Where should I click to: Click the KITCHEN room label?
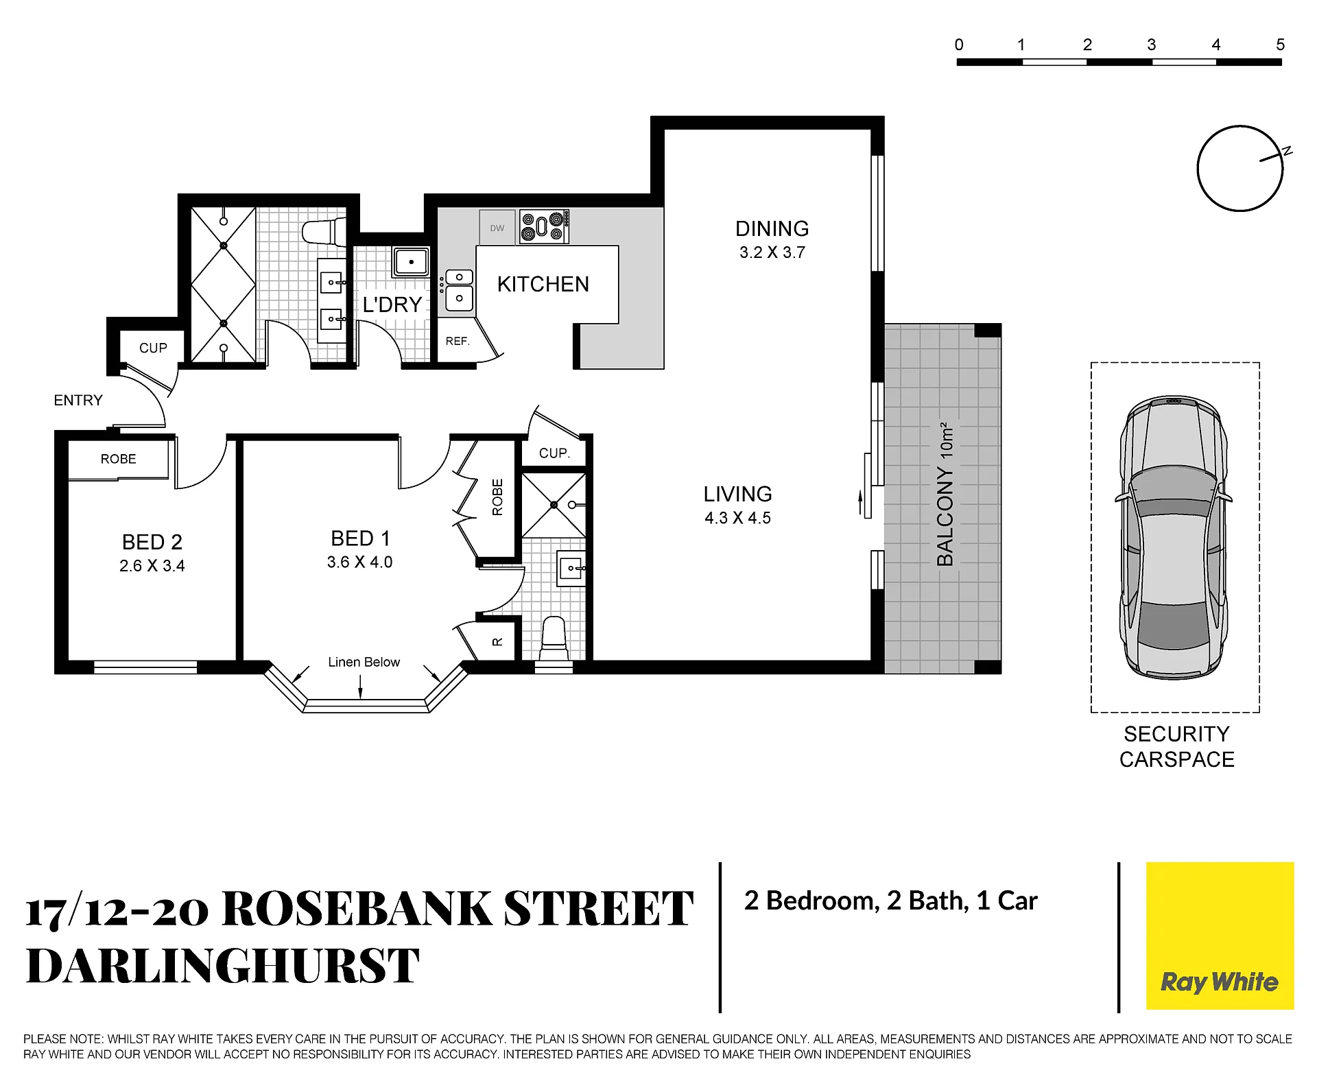click(543, 284)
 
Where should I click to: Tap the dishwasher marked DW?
click(497, 228)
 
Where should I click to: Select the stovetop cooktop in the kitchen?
click(544, 226)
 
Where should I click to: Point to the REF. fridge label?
click(458, 341)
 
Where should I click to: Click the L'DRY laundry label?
click(392, 305)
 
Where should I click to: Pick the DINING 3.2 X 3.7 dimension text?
click(772, 252)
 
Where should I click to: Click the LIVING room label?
click(737, 494)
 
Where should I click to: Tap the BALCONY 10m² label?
click(945, 494)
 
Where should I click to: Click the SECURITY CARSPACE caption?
click(1176, 746)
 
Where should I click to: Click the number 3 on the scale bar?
click(1152, 45)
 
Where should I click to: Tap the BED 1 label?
click(360, 538)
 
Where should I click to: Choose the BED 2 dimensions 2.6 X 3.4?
click(152, 566)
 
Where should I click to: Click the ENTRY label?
click(78, 400)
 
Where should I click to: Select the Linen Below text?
click(364, 662)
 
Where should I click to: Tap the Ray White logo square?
click(1220, 936)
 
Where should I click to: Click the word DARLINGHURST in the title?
click(222, 965)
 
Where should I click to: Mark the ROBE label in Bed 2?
click(118, 459)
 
